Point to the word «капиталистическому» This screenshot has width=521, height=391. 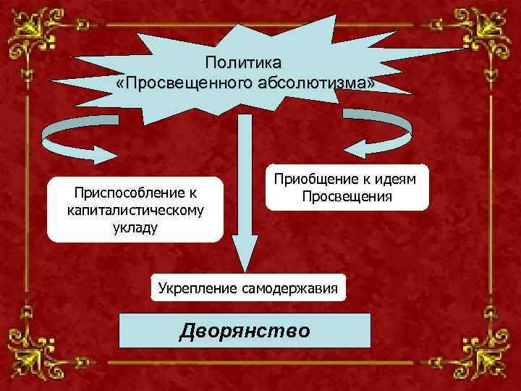point(135,210)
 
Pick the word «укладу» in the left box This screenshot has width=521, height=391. point(135,227)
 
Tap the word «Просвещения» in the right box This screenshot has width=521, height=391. point(347,196)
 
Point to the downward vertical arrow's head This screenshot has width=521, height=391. point(245,253)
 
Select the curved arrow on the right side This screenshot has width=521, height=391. point(379,134)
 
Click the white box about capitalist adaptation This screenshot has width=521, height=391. point(135,209)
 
